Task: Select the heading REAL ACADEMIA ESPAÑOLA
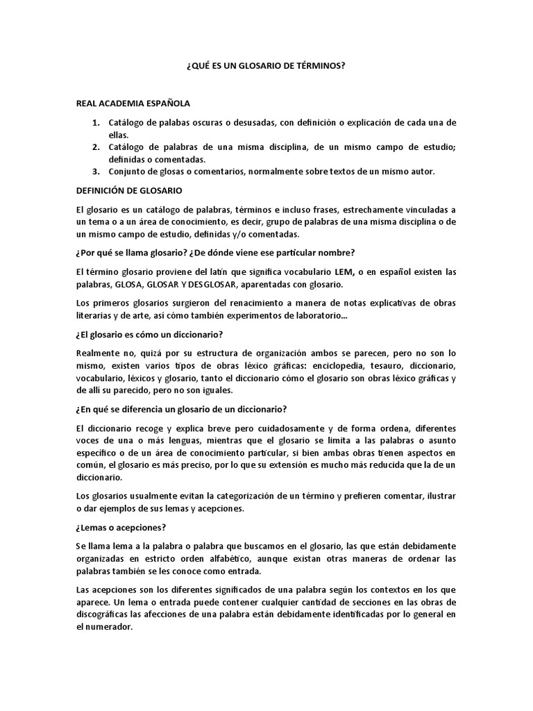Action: [x=133, y=103]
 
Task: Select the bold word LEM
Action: [x=344, y=271]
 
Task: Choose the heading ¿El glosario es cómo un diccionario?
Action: [x=149, y=335]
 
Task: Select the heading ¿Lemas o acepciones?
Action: [x=122, y=528]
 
